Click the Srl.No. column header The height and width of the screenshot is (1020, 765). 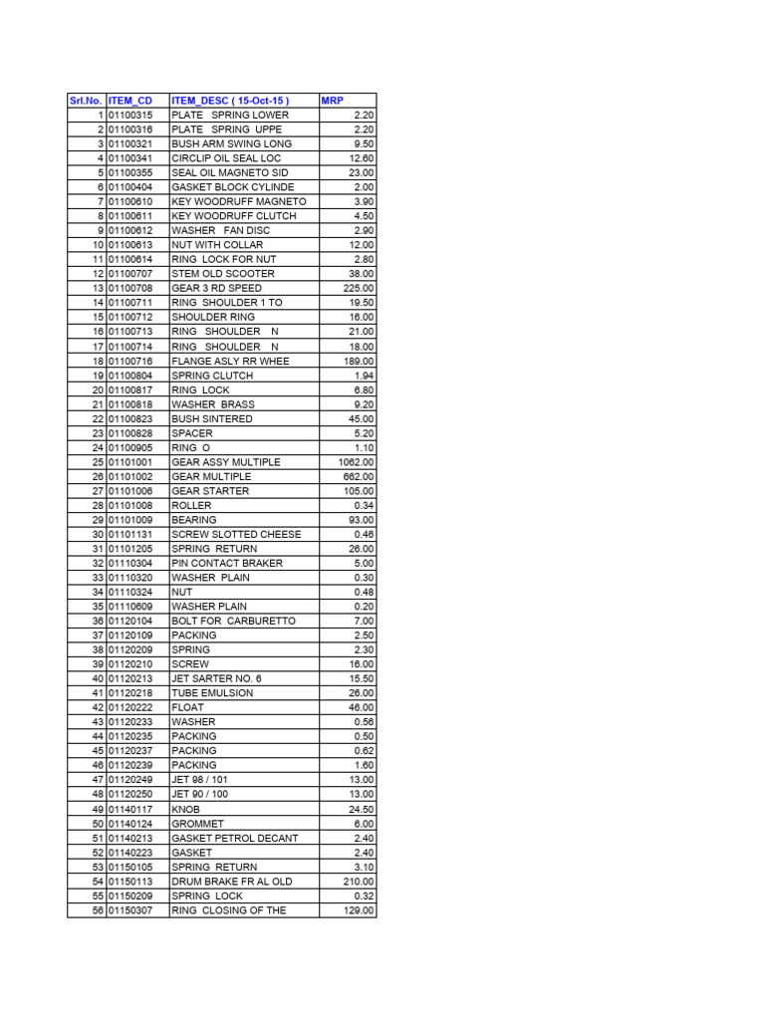click(86, 101)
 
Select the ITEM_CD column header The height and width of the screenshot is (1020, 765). click(130, 101)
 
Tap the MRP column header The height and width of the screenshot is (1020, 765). click(332, 101)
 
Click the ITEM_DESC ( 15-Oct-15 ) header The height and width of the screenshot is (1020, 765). click(230, 101)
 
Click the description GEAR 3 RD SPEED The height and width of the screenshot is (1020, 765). click(217, 288)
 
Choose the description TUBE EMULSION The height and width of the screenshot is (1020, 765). click(212, 693)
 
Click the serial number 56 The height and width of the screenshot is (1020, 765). click(98, 910)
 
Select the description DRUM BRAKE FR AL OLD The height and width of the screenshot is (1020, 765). click(232, 882)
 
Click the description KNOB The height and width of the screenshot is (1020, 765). click(186, 809)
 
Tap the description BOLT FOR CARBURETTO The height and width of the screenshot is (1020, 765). click(234, 621)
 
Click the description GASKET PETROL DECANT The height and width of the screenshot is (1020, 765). click(235, 838)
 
